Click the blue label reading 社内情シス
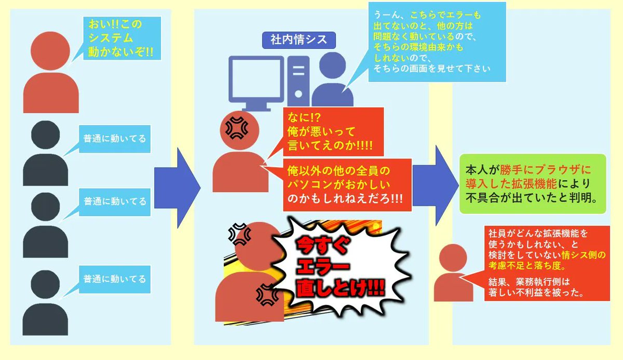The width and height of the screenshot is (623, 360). [x=299, y=41]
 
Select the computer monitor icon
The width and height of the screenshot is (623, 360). [x=258, y=79]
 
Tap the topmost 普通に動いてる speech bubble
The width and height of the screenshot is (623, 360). [x=115, y=139]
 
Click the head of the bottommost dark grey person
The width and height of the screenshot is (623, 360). [x=45, y=283]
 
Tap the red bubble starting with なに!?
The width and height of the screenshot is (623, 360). [x=333, y=131]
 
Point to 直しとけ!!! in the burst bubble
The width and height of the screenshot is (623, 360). [x=337, y=289]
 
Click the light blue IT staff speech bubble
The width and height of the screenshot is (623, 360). [x=430, y=42]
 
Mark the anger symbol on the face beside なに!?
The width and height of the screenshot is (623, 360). [x=236, y=126]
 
